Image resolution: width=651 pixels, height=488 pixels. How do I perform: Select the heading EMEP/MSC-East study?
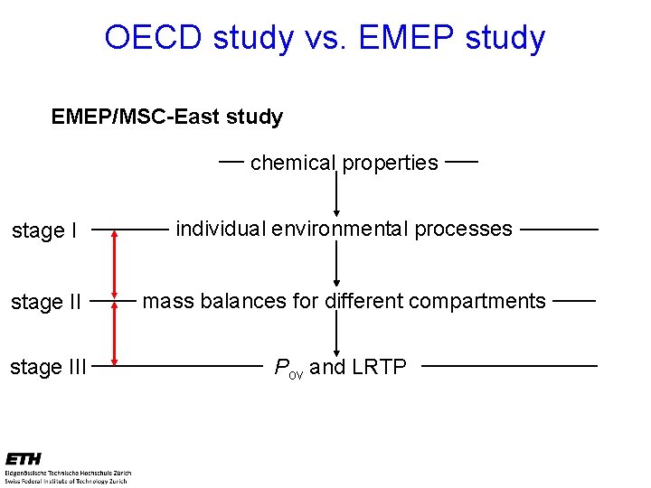tap(167, 117)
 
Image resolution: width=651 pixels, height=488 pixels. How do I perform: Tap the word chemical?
tap(291, 163)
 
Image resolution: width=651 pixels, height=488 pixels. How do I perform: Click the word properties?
tap(390, 163)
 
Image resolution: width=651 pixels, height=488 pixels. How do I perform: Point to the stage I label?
tap(44, 231)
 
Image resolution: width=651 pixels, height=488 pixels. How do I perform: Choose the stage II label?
tap(46, 301)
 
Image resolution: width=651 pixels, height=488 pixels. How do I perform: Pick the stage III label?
tap(49, 367)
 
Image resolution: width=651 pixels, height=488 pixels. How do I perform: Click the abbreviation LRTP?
tap(379, 367)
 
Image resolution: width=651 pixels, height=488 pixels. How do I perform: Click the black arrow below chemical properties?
tap(336, 194)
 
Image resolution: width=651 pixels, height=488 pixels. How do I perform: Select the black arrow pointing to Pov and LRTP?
tap(336, 334)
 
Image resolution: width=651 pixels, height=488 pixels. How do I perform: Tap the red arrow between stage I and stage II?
tap(115, 265)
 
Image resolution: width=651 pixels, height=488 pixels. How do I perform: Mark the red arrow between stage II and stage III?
tap(115, 333)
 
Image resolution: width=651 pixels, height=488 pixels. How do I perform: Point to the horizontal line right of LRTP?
tap(509, 366)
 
